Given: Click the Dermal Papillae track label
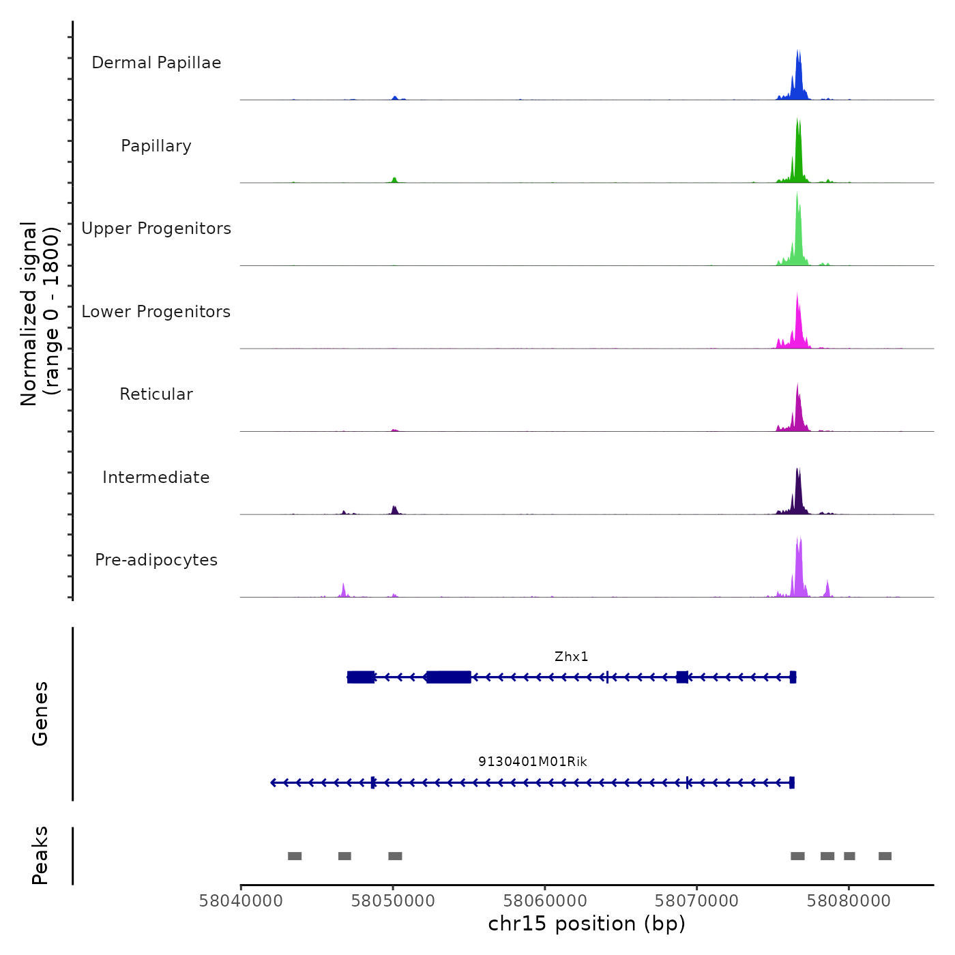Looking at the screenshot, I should (156, 63).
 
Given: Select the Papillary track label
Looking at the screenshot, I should (156, 146).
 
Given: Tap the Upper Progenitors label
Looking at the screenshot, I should (156, 229).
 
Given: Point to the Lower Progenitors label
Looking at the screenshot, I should (156, 312).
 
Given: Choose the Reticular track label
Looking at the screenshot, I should (156, 394).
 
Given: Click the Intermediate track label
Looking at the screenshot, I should (156, 477).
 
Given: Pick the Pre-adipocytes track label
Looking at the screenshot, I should (156, 560).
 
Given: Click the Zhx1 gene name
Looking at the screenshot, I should (571, 657).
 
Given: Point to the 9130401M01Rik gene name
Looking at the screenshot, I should (532, 762).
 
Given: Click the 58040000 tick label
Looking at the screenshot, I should (241, 901).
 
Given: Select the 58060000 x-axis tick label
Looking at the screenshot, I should (545, 901).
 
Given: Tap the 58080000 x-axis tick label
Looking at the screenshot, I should (849, 901).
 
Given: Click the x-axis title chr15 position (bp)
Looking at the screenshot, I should (587, 924).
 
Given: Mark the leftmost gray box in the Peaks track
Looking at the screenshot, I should (295, 856).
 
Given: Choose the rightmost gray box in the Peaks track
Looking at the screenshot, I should (885, 856).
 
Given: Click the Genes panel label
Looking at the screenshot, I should (40, 714).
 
